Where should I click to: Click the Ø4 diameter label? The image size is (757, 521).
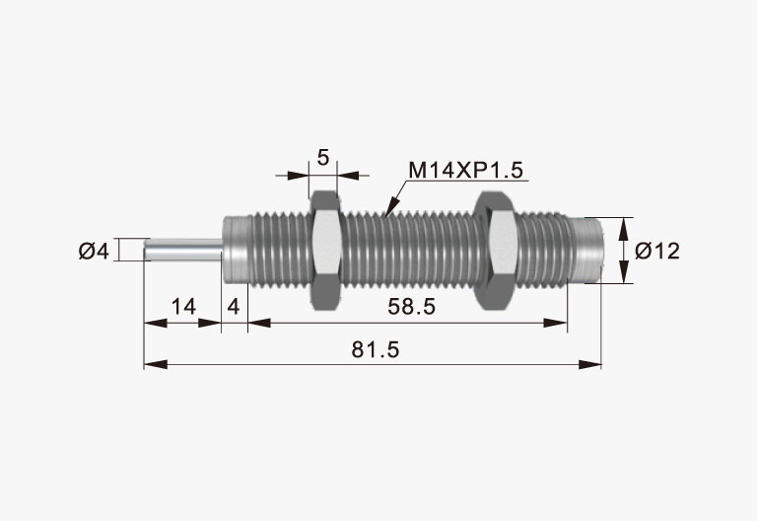click(x=95, y=252)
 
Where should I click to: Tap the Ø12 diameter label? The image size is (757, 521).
click(x=657, y=251)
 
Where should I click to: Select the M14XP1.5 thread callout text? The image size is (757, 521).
click(x=466, y=170)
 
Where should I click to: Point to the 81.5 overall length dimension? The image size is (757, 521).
click(x=376, y=349)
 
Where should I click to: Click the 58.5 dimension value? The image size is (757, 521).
click(x=412, y=307)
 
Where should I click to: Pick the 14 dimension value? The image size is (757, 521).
click(x=184, y=307)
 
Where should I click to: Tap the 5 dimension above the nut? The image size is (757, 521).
click(x=323, y=157)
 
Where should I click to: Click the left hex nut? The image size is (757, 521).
click(x=327, y=250)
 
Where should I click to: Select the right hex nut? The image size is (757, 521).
click(x=497, y=250)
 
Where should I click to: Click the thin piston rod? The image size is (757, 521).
click(x=183, y=250)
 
